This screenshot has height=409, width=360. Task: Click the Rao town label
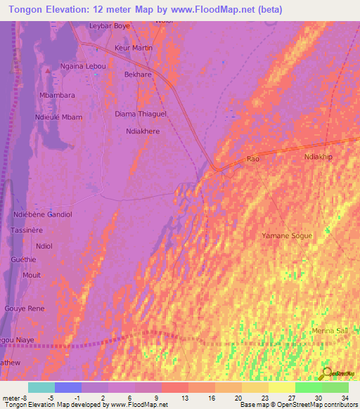pos(254,160)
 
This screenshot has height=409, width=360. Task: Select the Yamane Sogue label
pos(285,235)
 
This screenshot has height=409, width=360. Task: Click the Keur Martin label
pos(134,48)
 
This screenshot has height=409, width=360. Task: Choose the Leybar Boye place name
pos(110,26)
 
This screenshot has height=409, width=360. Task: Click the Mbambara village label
pos(58,95)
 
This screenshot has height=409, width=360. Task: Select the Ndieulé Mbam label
pos(58,117)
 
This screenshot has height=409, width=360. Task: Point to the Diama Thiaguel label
pos(141,114)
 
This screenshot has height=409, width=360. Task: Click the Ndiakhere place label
pos(143,131)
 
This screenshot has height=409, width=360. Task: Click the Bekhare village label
pos(138,74)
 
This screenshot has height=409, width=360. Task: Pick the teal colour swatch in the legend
pos(41,387)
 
